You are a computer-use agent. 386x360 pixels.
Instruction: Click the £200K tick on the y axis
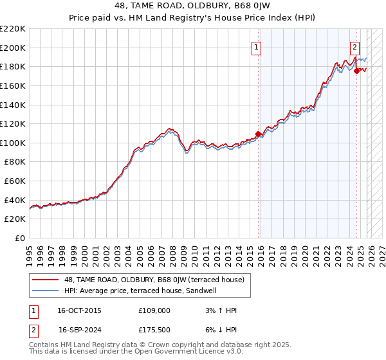coord(13,48)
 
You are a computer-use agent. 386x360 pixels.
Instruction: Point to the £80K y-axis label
coord(15,162)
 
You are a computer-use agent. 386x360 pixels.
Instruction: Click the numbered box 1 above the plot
coord(256,46)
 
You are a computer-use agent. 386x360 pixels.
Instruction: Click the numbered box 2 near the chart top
coord(354,46)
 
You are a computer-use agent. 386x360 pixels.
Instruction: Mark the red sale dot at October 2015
coord(259,134)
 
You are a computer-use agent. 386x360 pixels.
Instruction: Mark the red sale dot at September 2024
coord(356,71)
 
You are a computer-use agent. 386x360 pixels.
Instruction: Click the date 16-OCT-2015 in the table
coord(80,310)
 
